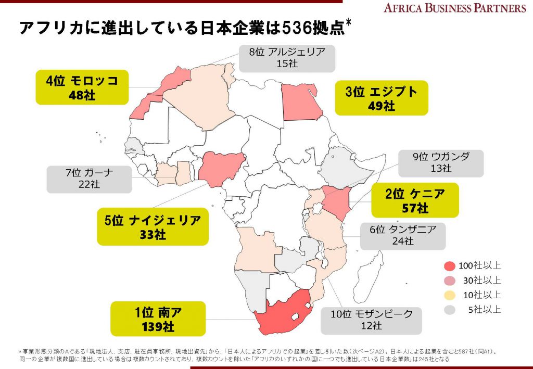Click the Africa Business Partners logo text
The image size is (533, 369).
455,8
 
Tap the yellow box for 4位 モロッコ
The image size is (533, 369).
82,87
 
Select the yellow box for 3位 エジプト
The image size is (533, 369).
381,98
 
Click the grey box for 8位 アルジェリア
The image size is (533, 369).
287,57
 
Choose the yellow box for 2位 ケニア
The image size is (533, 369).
415,200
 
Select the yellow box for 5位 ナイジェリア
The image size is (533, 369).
153,227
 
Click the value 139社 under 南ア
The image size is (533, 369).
158,327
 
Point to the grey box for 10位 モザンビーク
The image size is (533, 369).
371,320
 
